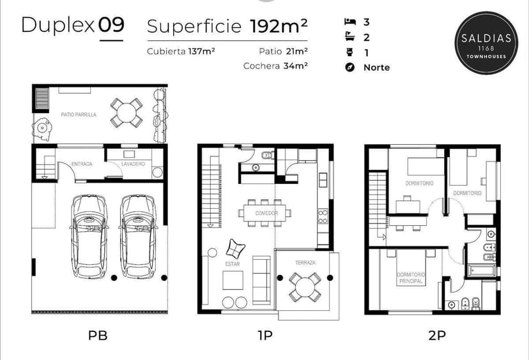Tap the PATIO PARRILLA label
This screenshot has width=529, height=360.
[79, 115]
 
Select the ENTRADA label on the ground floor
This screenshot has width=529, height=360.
[82, 164]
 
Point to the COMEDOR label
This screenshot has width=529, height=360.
[266, 213]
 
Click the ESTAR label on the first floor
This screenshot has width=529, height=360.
[232, 262]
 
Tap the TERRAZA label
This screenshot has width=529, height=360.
[305, 262]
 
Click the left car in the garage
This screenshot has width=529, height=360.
[89, 234]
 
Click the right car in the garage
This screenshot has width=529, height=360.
[137, 234]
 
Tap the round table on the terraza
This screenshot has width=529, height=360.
[305, 287]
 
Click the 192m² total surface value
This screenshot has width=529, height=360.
[279, 26]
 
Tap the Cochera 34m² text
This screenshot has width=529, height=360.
[275, 66]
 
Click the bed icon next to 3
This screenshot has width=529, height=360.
[349, 22]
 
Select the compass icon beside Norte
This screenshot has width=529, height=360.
[349, 68]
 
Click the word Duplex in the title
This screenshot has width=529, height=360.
[57, 26]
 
